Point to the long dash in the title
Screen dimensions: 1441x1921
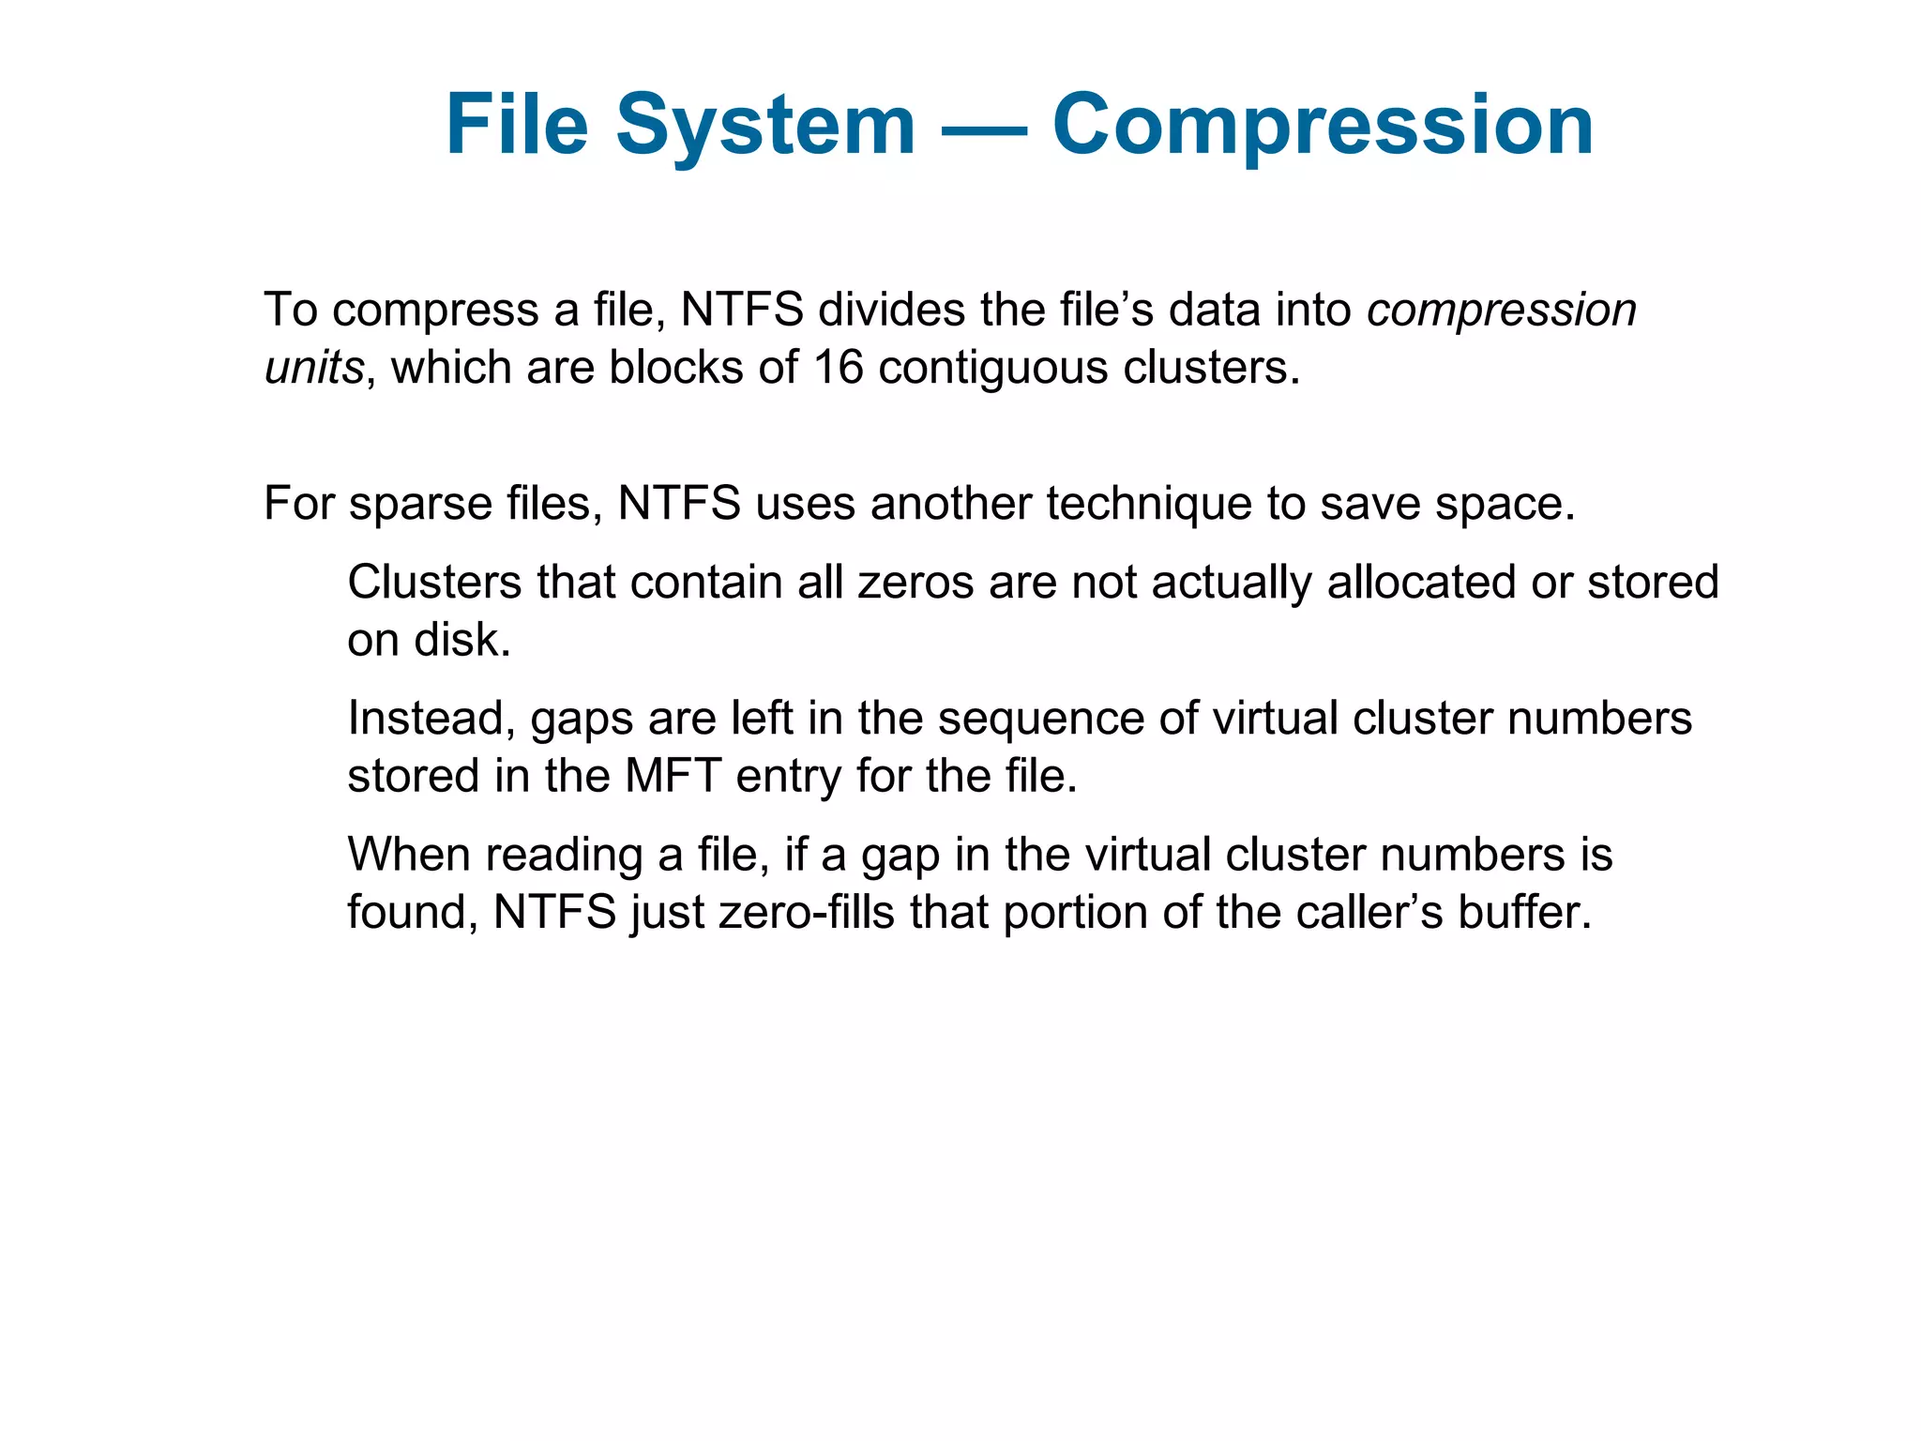(x=984, y=127)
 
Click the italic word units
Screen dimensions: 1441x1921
(x=313, y=367)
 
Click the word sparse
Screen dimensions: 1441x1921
(x=421, y=505)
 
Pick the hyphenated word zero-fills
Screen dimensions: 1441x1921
(x=807, y=913)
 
